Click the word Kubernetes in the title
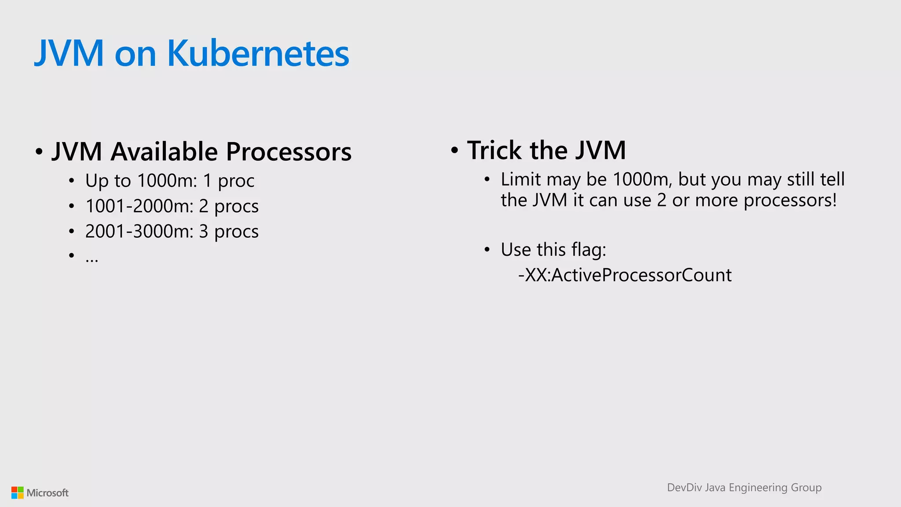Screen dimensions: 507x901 point(258,53)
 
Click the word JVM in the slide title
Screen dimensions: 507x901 point(69,53)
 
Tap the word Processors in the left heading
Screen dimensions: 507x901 point(289,152)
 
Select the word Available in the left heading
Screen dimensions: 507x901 point(164,152)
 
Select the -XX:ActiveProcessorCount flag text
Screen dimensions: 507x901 point(625,276)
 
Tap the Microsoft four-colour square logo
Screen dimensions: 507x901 point(18,492)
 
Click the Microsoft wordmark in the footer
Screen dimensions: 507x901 point(48,493)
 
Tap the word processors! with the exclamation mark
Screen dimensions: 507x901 point(790,201)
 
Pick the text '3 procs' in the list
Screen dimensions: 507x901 point(229,232)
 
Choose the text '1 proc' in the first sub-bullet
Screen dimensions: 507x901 point(228,181)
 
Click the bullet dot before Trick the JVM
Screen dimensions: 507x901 point(454,151)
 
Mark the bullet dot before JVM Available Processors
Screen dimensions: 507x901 point(39,152)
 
